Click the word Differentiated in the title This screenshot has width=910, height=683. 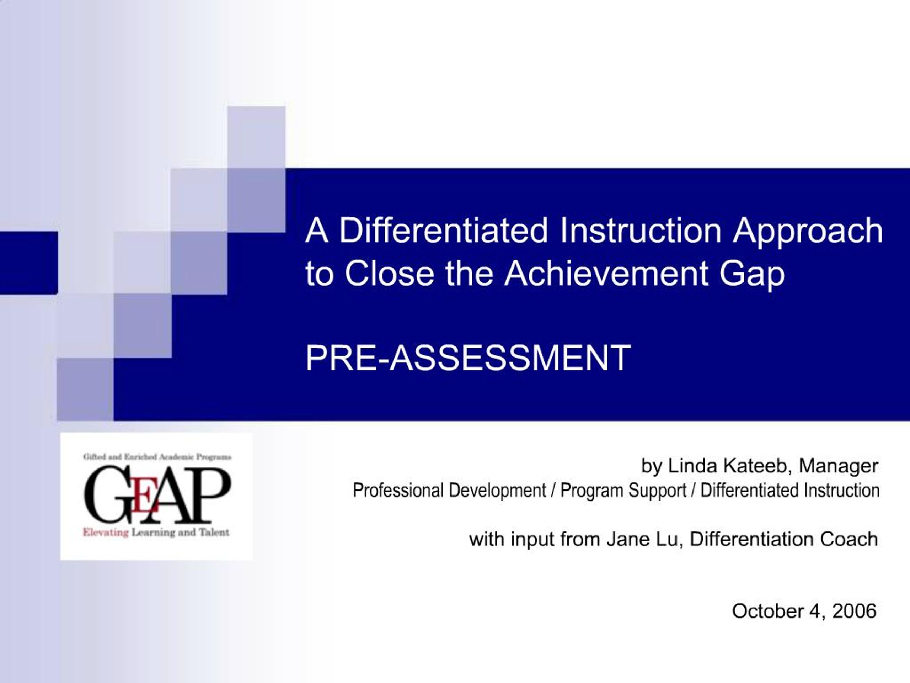(444, 231)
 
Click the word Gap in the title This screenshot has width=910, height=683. (752, 275)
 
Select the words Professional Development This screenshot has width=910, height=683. (449, 490)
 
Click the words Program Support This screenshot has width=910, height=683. (623, 490)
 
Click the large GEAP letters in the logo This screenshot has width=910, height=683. (157, 494)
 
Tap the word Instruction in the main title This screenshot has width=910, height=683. (640, 231)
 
